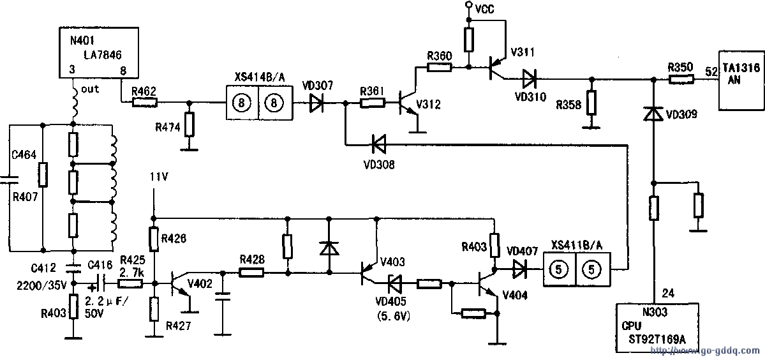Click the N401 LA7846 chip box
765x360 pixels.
point(98,53)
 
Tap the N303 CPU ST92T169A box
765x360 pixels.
point(657,325)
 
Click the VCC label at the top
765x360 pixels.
point(484,7)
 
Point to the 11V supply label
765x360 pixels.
point(158,176)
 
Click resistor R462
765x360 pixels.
point(144,102)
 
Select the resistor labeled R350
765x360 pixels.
point(681,80)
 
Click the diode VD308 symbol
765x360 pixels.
point(379,146)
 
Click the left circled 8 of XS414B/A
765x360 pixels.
point(241,102)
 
